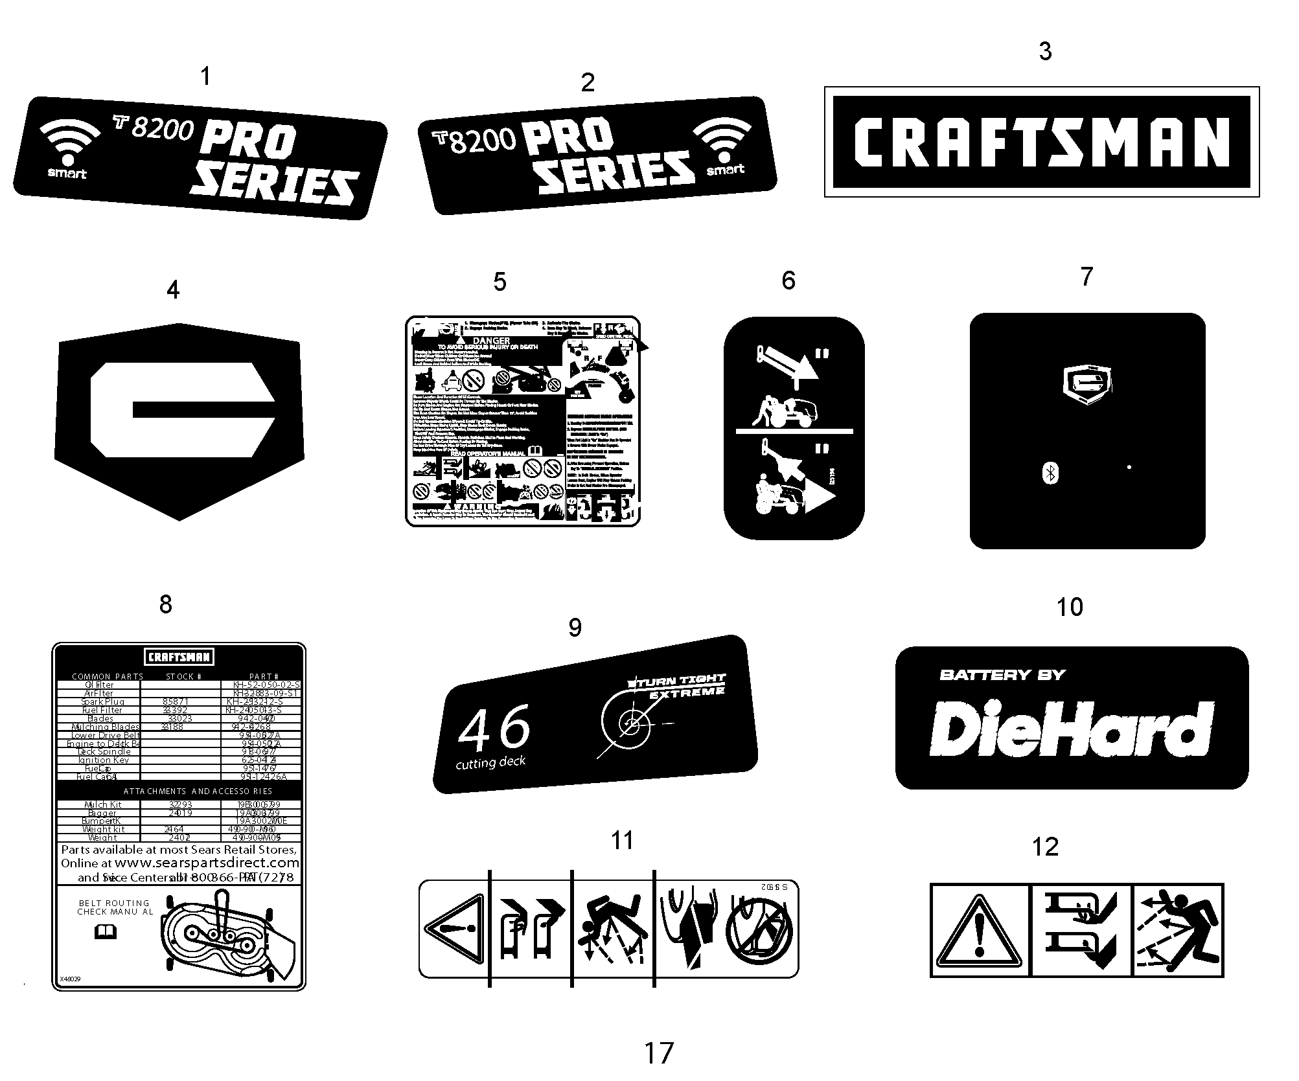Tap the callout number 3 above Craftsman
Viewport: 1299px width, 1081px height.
click(1045, 52)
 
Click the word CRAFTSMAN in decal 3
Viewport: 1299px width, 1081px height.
click(1041, 142)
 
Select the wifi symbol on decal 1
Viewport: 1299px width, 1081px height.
click(69, 143)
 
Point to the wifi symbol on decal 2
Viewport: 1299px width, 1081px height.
click(722, 140)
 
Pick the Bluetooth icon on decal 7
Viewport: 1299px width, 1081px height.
click(1050, 473)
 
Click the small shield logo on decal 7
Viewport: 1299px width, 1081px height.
click(1088, 385)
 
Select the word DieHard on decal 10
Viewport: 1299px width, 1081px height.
click(1071, 729)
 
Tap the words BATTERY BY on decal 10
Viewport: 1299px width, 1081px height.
click(1002, 675)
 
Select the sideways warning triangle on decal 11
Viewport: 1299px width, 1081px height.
click(454, 927)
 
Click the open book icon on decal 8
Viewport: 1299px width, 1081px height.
click(106, 932)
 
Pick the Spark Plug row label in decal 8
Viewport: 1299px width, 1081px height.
click(102, 701)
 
